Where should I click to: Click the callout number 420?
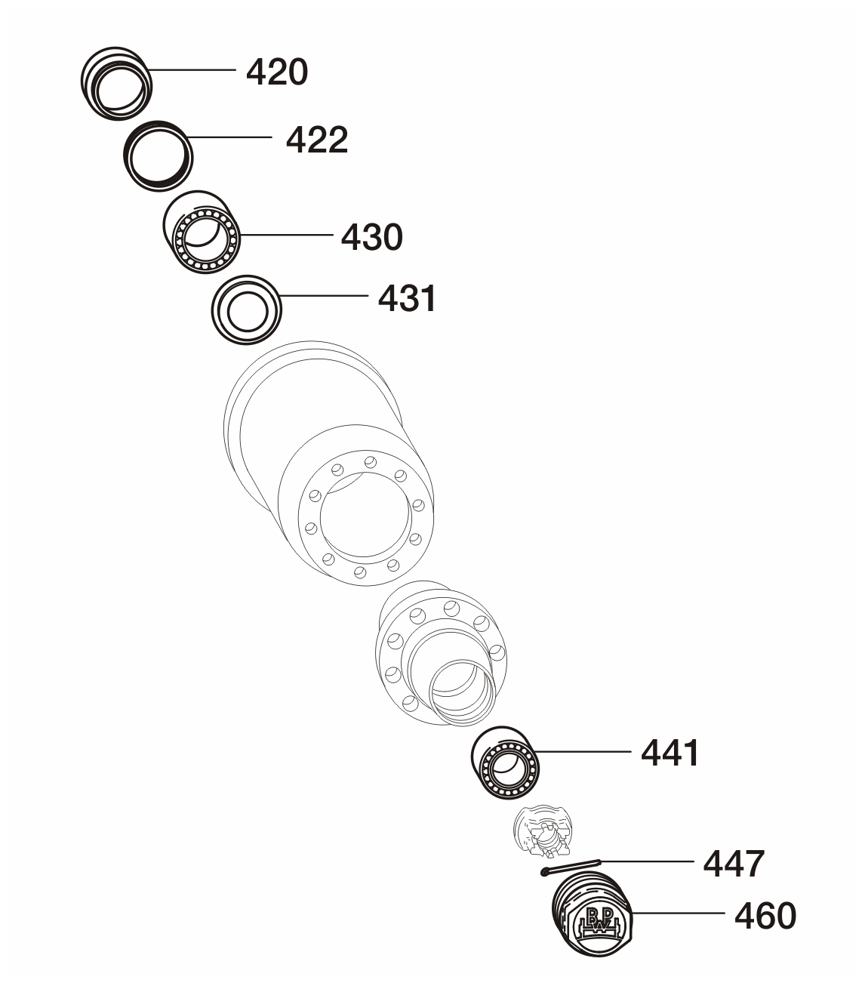(x=277, y=72)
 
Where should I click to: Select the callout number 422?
(x=317, y=140)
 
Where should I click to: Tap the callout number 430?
(x=371, y=237)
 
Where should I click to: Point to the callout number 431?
(x=407, y=298)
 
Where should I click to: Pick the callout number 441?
(x=670, y=753)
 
